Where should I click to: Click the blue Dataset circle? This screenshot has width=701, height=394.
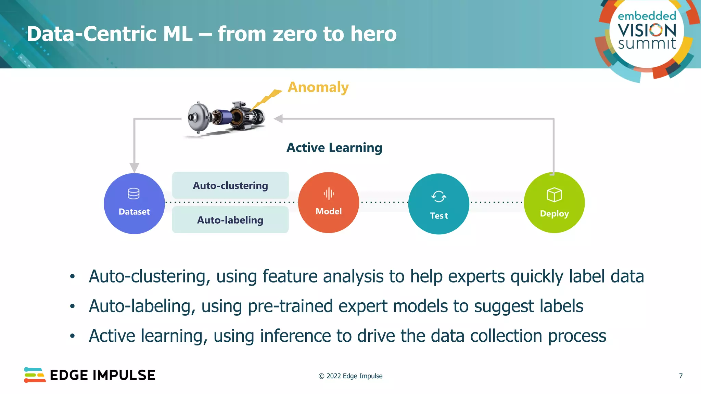pyautogui.click(x=134, y=203)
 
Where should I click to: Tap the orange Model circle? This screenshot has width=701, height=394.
pyautogui.click(x=329, y=203)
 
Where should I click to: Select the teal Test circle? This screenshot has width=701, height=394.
pyautogui.click(x=438, y=204)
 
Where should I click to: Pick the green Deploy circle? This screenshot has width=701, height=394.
pyautogui.click(x=554, y=203)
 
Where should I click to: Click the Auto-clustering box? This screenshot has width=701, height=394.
pyautogui.click(x=230, y=185)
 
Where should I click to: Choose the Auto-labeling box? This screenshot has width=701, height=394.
pyautogui.click(x=230, y=220)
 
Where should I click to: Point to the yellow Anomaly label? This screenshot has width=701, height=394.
pyautogui.click(x=318, y=87)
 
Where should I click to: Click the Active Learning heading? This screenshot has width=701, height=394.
pyautogui.click(x=334, y=148)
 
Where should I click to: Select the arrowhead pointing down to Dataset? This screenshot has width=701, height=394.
pyautogui.click(x=135, y=167)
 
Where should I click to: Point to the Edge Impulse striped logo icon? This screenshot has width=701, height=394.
pyautogui.click(x=35, y=375)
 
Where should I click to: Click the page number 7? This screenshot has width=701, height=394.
pyautogui.click(x=680, y=376)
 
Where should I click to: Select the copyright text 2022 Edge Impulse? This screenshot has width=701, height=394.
pyautogui.click(x=350, y=376)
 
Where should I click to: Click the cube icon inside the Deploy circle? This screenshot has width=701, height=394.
pyautogui.click(x=554, y=195)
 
